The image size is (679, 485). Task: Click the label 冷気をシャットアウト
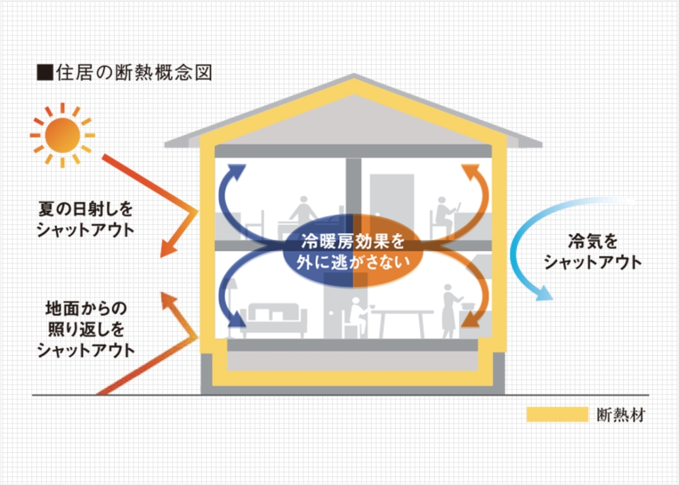(592, 252)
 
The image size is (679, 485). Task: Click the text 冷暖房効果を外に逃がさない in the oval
(354, 251)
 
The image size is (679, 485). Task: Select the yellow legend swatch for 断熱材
(556, 414)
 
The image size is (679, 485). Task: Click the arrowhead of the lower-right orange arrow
(471, 320)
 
